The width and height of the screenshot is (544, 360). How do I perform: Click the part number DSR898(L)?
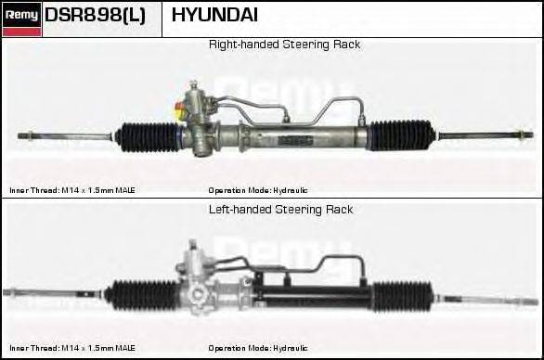coord(95,16)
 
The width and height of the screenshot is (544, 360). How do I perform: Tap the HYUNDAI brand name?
coord(215,16)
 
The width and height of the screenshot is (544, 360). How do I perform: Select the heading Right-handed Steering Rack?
coord(284,45)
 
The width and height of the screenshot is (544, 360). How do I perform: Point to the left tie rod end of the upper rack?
coord(37,137)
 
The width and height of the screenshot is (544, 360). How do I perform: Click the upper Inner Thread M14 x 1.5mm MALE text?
coord(72,190)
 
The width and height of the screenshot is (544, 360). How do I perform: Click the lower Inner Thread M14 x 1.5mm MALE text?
coord(72,348)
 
